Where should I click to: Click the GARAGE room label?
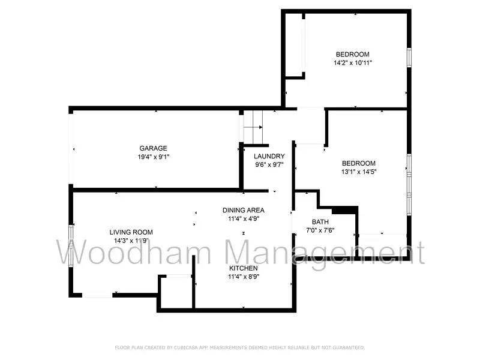153,148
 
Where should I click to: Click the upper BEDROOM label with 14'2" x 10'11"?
352,54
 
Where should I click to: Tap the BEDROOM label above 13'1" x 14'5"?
359,163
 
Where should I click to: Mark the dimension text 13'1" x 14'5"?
359,172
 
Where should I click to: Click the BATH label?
320,222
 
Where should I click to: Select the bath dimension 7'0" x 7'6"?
320,230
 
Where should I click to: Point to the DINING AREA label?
244,210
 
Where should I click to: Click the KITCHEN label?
244,268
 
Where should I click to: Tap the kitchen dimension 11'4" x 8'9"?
244,277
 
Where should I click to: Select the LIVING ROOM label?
131,232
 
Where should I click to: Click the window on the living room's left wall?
71,244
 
